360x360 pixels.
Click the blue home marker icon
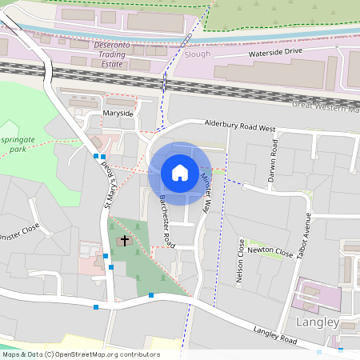[x=180, y=173]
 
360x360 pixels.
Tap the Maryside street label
[x=118, y=114]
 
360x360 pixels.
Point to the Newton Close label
[x=270, y=251]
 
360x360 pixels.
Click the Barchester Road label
[x=166, y=218]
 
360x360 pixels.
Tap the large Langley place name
[x=318, y=322]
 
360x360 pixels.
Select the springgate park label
[x=15, y=143]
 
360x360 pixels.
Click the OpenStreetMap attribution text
[x=81, y=354]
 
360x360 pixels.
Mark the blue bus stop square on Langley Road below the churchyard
[x=151, y=295]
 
